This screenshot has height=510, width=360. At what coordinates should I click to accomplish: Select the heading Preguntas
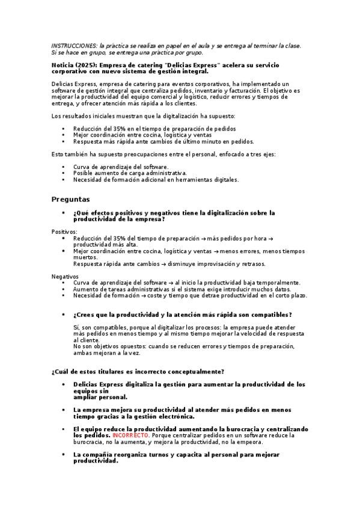70,198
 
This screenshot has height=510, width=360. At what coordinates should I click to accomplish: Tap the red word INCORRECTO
127,435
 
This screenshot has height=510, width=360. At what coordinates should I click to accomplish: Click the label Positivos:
64,232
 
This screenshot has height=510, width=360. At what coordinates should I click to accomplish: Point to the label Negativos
65,276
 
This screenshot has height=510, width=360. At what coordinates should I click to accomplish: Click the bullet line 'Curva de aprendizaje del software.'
121,167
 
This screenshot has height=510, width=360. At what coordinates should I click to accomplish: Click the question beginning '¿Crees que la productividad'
182,315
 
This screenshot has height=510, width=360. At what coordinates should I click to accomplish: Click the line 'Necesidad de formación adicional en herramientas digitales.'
156,179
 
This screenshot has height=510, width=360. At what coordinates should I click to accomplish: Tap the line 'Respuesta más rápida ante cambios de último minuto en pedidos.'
163,142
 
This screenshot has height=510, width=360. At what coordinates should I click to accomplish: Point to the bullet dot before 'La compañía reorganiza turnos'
64,455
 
